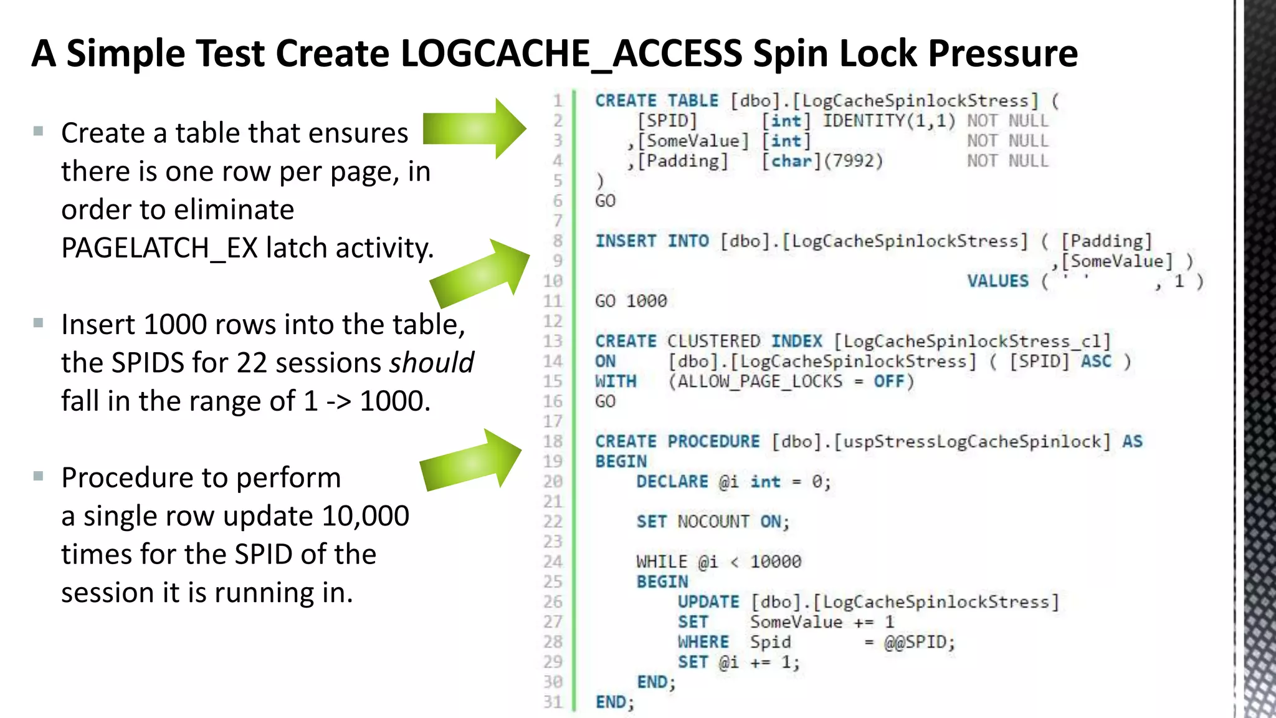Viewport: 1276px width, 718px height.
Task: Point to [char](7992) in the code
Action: click(x=822, y=161)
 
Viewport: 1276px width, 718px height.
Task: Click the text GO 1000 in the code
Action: click(x=631, y=301)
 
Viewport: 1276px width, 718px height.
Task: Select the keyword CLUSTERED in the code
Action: click(x=713, y=342)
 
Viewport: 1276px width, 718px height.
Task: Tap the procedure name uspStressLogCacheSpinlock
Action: click(x=971, y=442)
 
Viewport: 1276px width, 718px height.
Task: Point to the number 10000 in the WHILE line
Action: click(x=776, y=562)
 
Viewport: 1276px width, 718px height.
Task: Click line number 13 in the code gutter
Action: click(x=553, y=342)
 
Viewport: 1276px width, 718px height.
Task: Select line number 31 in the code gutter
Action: click(x=553, y=702)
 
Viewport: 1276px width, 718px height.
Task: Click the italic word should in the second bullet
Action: click(x=431, y=363)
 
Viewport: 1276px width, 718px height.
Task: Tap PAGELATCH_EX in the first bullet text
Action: click(x=159, y=248)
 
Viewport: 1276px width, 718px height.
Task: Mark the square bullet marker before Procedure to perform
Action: click(x=39, y=477)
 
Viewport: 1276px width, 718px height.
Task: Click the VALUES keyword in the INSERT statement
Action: click(x=997, y=281)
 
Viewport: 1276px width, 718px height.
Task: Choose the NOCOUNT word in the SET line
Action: click(x=713, y=522)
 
